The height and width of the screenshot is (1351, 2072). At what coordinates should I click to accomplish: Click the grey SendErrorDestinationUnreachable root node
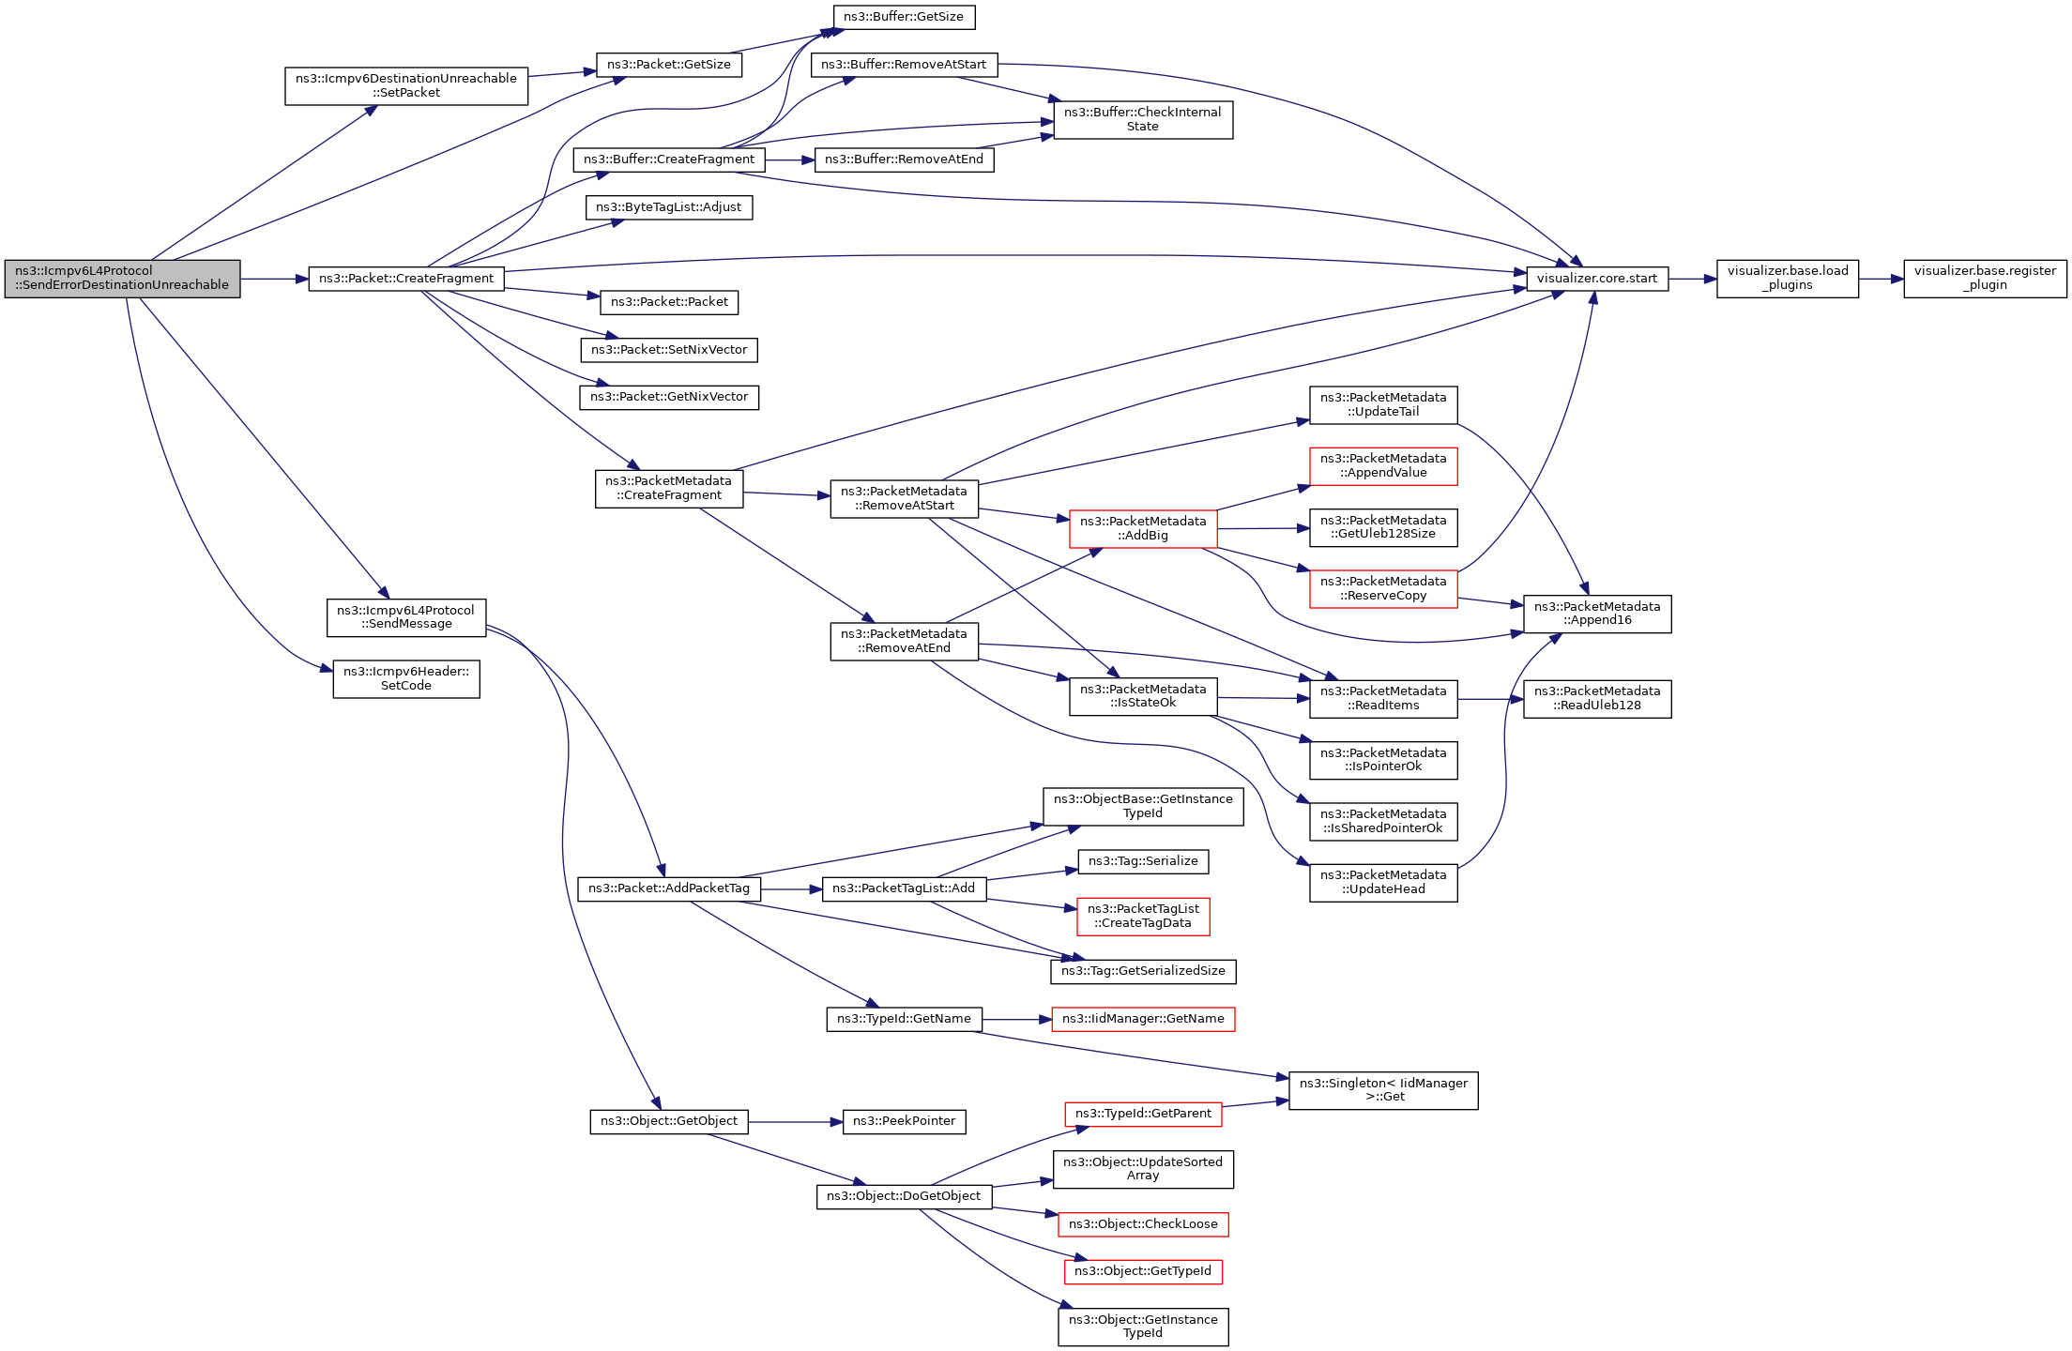pos(122,279)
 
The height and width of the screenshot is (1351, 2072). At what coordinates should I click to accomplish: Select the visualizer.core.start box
pos(1597,279)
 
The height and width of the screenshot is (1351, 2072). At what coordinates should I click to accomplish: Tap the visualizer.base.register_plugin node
pos(1985,279)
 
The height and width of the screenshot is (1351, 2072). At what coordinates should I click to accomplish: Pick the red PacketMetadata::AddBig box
pos(1143,529)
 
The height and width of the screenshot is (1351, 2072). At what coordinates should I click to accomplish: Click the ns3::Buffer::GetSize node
pos(904,17)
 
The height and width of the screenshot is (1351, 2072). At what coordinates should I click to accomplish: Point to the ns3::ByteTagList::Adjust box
pos(669,207)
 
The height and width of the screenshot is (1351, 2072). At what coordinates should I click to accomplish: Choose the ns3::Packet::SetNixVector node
pos(669,350)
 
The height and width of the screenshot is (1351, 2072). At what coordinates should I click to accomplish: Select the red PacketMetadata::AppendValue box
pos(1383,466)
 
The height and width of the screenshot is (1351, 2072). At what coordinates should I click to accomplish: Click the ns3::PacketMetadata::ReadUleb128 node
pos(1597,699)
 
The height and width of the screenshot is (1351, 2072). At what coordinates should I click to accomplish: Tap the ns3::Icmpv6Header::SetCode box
pos(406,679)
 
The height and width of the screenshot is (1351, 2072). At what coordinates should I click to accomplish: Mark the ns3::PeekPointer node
pos(904,1121)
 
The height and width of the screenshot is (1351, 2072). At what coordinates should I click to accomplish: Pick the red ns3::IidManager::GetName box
pos(1143,1019)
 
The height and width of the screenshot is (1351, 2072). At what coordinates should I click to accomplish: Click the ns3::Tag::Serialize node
pos(1143,861)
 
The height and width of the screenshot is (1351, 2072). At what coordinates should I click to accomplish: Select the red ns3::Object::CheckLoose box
pos(1143,1224)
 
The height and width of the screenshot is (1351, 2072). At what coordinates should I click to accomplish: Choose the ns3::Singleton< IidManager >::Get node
pos(1383,1090)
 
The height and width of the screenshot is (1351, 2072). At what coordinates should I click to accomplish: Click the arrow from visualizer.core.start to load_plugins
pos(1692,279)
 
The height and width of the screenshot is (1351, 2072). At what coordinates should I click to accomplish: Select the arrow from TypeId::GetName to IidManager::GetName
pos(1016,1019)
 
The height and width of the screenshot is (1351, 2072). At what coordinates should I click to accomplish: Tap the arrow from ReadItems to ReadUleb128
pos(1490,699)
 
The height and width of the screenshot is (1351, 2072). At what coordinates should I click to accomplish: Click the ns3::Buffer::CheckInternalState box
pos(1143,120)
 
